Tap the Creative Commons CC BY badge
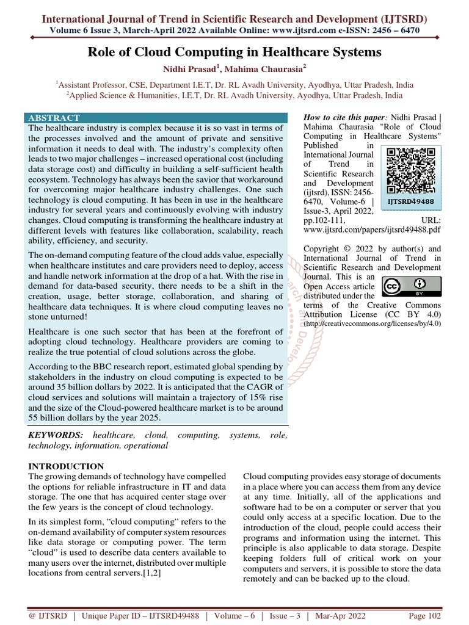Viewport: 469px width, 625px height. [404, 286]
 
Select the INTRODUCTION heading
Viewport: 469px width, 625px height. [66, 466]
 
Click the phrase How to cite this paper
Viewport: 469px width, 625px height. [344, 117]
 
